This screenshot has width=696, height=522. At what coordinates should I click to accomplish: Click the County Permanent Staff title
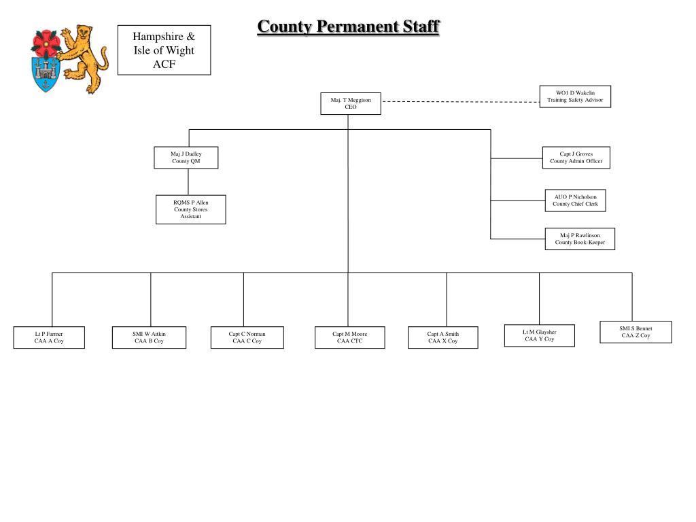click(x=348, y=27)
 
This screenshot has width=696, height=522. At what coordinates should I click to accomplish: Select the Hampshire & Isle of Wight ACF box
click(x=164, y=50)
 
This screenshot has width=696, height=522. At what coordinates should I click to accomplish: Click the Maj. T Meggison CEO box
click(x=351, y=103)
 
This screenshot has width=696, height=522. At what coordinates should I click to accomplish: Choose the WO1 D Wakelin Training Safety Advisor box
click(x=575, y=97)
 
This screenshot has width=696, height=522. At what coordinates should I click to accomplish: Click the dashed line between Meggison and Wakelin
click(x=459, y=101)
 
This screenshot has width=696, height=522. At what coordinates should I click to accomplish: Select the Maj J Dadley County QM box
click(x=186, y=158)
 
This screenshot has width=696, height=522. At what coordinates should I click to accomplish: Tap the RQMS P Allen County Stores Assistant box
click(x=190, y=209)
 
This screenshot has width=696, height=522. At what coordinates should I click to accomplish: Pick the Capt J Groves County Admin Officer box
click(x=576, y=158)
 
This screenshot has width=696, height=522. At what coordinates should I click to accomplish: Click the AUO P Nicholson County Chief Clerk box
click(x=575, y=201)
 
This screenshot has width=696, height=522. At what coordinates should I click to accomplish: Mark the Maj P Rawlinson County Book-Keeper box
click(x=580, y=239)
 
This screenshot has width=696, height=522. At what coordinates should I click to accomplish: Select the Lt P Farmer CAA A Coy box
click(x=49, y=338)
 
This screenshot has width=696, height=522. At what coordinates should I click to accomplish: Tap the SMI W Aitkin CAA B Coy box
click(x=149, y=338)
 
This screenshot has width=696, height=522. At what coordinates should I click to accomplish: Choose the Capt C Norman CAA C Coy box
click(x=247, y=338)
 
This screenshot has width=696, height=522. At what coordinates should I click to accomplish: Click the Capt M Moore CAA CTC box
click(x=349, y=338)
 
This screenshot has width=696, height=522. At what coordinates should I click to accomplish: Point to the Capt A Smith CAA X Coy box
click(x=442, y=338)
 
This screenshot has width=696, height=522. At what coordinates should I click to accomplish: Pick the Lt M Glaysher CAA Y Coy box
click(x=539, y=336)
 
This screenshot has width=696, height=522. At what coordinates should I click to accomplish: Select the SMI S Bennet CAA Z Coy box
click(x=636, y=332)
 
